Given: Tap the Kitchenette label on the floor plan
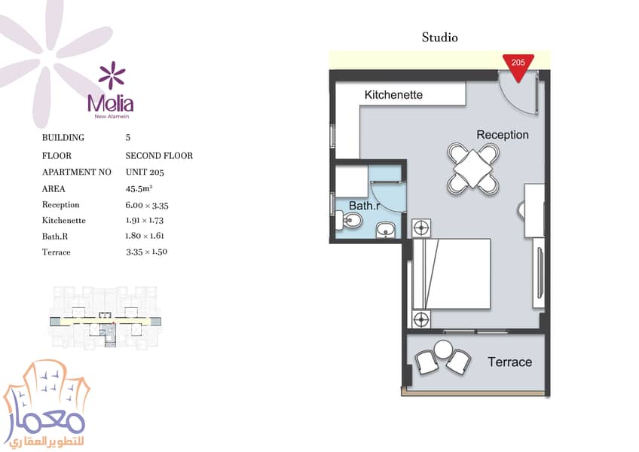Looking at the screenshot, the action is click(x=393, y=95).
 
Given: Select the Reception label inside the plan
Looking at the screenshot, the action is click(x=503, y=135).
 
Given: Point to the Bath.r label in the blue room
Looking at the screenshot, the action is click(x=364, y=206).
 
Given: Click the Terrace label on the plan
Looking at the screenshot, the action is click(x=510, y=362).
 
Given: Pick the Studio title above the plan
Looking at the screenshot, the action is click(x=440, y=38).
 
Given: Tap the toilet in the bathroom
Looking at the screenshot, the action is click(x=348, y=221).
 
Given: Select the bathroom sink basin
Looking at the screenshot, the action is click(x=385, y=230).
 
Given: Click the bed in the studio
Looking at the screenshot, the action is click(x=451, y=274).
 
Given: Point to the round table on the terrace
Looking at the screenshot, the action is click(x=443, y=350).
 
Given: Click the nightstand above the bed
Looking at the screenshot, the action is click(x=421, y=228).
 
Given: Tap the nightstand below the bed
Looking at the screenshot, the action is click(x=421, y=319).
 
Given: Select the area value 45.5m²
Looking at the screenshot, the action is click(x=139, y=188).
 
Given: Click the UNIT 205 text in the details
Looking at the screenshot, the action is click(x=145, y=172).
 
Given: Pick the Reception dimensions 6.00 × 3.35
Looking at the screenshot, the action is click(x=147, y=206).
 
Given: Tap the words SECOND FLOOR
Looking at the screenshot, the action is click(x=159, y=156).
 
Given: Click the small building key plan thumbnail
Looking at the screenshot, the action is click(x=105, y=317).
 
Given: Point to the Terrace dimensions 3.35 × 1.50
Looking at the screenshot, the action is click(x=147, y=252).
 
